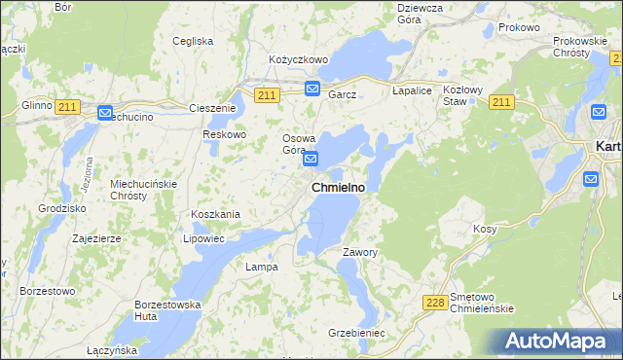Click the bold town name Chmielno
point(338,187)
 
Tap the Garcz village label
point(343,94)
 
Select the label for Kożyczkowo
point(299,59)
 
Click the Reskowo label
point(224,134)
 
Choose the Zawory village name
point(359,252)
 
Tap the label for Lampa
point(262,266)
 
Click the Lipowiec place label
point(204,237)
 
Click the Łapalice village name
point(411,90)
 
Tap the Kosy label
point(485,228)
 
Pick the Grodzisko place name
point(62,208)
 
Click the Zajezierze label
point(96,237)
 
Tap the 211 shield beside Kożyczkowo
point(268,94)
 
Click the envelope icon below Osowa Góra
point(311,159)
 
